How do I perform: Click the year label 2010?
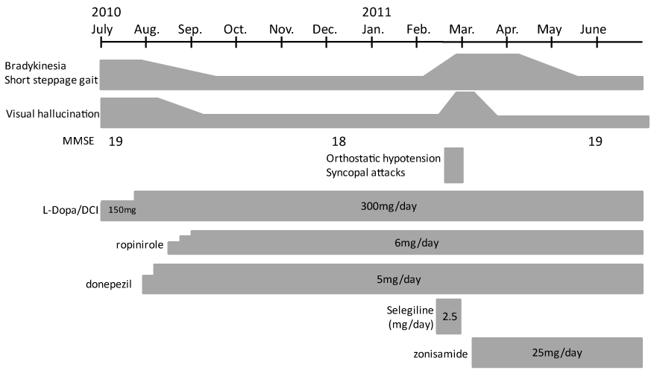click(x=107, y=13)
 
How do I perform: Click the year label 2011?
click(x=377, y=13)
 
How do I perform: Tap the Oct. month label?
click(x=235, y=29)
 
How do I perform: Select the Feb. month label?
click(x=418, y=29)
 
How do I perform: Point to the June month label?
click(x=593, y=29)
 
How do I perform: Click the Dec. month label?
click(x=325, y=29)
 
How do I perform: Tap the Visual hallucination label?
click(x=50, y=115)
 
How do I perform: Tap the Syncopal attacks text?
click(x=365, y=173)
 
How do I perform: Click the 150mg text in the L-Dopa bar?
click(x=122, y=210)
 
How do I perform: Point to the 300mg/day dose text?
click(x=388, y=206)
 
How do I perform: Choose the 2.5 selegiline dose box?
click(x=450, y=316)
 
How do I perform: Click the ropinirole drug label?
click(x=139, y=244)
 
